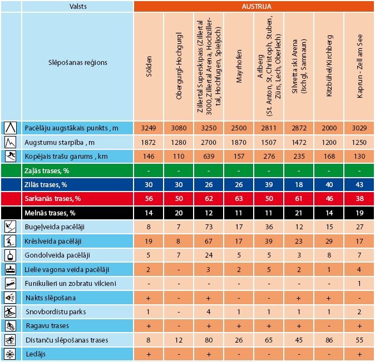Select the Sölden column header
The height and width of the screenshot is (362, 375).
pos(149,66)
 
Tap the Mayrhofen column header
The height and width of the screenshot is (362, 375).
pos(239,66)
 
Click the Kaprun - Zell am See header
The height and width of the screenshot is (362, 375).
pos(359,66)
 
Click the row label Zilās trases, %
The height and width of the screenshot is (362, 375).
pos(45,184)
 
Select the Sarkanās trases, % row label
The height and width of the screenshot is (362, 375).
pos(50,198)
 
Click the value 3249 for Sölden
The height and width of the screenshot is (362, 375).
pos(149,128)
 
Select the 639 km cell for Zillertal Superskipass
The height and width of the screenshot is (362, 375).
pos(209,156)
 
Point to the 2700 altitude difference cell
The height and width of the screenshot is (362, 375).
pos(209,142)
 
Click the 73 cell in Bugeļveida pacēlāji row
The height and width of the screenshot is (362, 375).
pos(209,227)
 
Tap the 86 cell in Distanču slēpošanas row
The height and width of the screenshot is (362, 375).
pos(329,340)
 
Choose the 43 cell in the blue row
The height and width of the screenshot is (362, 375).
pos(359,184)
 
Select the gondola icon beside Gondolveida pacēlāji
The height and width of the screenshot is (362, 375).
pos(11,255)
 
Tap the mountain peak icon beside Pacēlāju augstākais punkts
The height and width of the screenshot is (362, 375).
pos(11,128)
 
